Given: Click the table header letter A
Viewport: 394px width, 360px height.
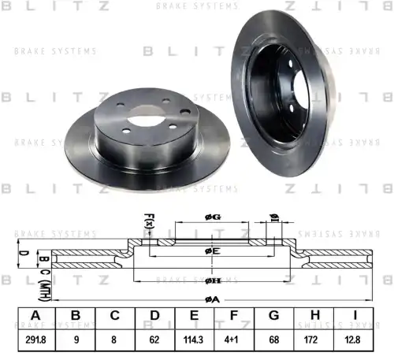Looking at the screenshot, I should pyautogui.click(x=35, y=316).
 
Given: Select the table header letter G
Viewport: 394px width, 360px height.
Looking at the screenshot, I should pyautogui.click(x=273, y=316).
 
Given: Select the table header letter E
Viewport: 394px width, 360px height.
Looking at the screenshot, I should pyautogui.click(x=194, y=316).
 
